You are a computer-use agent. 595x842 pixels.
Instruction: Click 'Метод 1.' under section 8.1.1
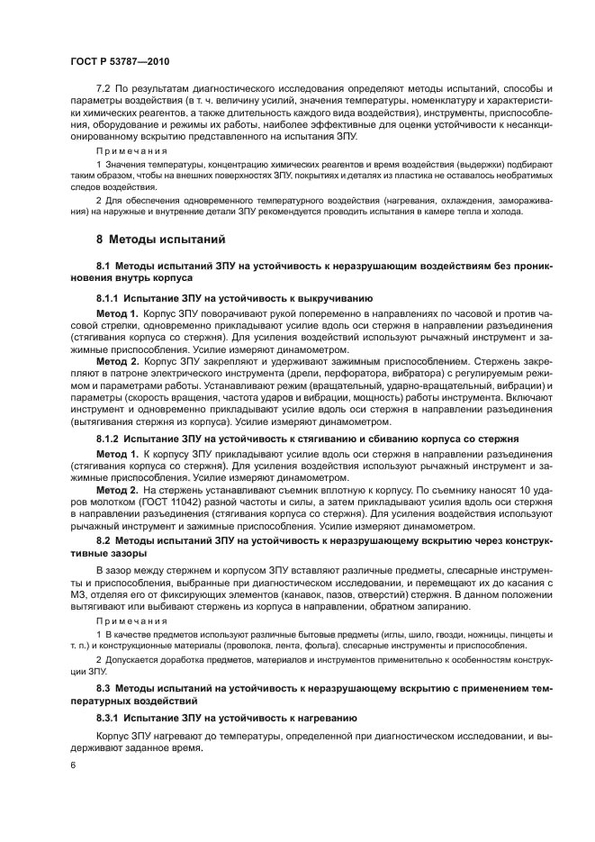118,312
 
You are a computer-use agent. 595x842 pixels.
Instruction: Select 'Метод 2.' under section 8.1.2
118,489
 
